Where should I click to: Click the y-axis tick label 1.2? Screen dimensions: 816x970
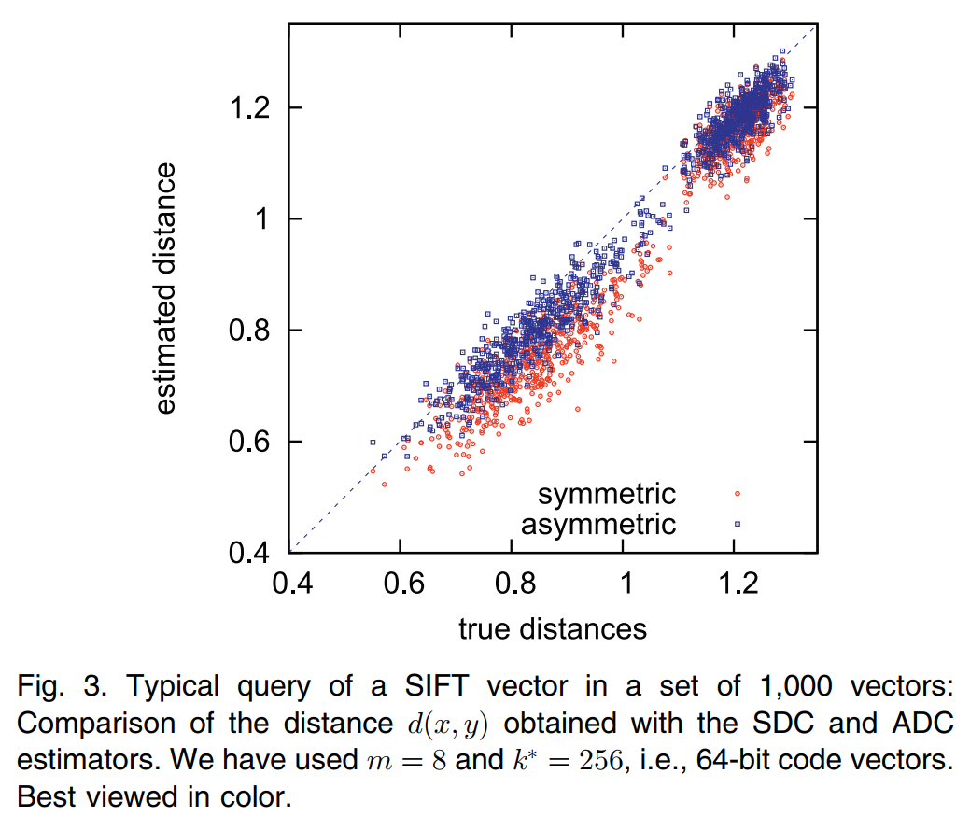tap(250, 107)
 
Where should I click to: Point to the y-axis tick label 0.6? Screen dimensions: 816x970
tap(250, 442)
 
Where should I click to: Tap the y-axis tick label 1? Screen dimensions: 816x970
tap(266, 219)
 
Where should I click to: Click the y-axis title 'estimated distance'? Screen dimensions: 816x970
tap(165, 288)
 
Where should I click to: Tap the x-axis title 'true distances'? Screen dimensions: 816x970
tap(552, 629)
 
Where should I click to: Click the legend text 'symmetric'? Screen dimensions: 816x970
tap(607, 493)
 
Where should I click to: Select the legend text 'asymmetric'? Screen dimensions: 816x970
tap(597, 523)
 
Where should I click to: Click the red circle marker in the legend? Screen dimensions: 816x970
tap(737, 493)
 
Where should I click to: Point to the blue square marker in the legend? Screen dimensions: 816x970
tap(737, 523)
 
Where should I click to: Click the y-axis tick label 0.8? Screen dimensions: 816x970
tap(250, 331)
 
